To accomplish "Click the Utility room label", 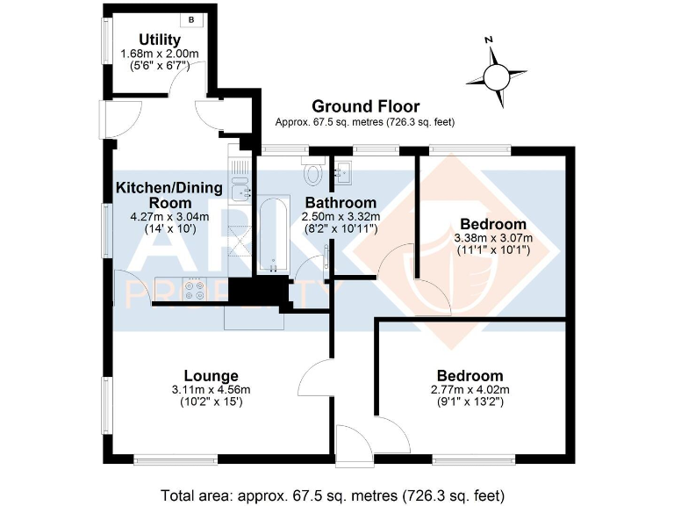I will point(160,40).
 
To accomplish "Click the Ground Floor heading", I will point(364,107).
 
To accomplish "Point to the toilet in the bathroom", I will point(314,171).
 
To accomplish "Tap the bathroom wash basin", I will point(342,170).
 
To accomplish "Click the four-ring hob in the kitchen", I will point(193,290).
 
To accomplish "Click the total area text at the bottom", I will point(334,494).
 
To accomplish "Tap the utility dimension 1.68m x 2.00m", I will point(160,54).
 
